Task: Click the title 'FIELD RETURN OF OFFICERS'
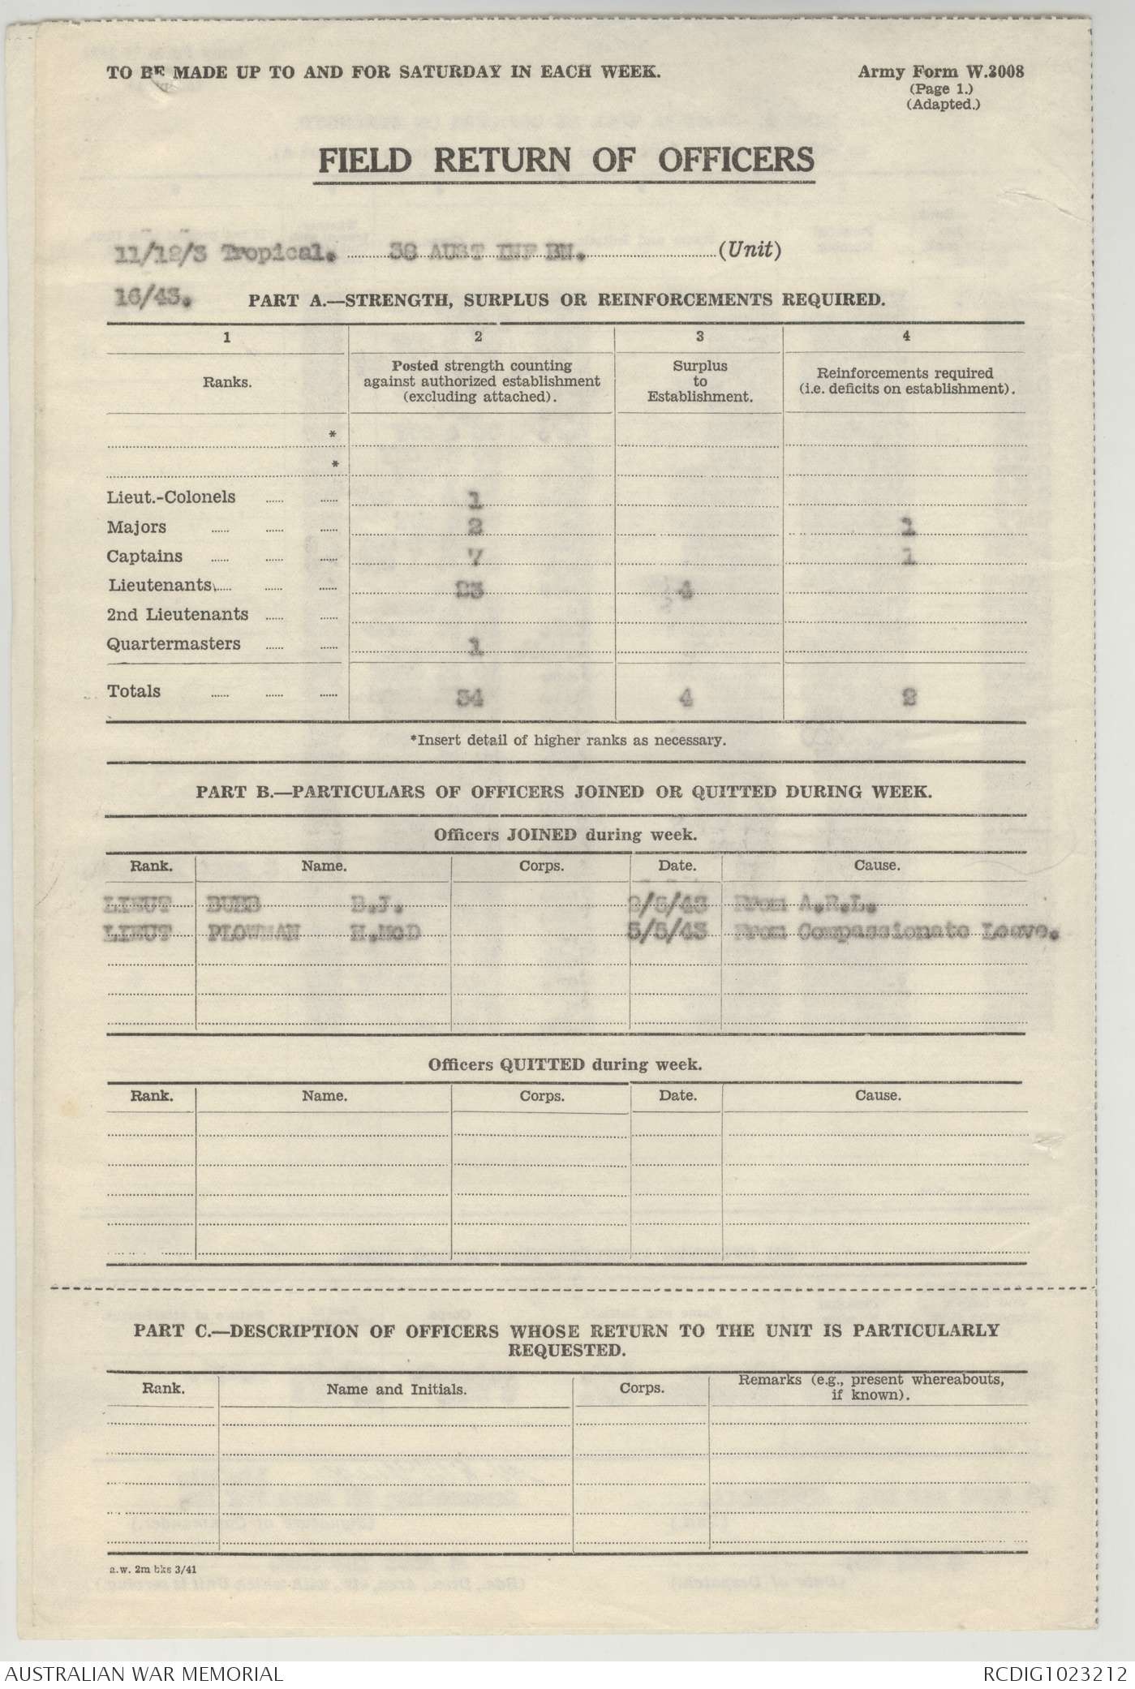pyautogui.click(x=565, y=160)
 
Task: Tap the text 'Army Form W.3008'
pyautogui.click(x=940, y=71)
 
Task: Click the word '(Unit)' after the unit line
pyautogui.click(x=750, y=251)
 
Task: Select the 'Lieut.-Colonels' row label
pyautogui.click(x=171, y=497)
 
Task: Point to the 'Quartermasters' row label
pyautogui.click(x=174, y=644)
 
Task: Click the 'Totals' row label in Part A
pyautogui.click(x=134, y=691)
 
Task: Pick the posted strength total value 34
pyautogui.click(x=470, y=696)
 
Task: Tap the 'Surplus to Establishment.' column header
pyautogui.click(x=700, y=381)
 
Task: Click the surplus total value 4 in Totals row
pyautogui.click(x=686, y=697)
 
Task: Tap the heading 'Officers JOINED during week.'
pyautogui.click(x=565, y=834)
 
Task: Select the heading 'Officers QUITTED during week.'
pyautogui.click(x=565, y=1064)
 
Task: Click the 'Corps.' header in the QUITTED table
pyautogui.click(x=541, y=1096)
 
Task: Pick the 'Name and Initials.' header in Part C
pyautogui.click(x=396, y=1389)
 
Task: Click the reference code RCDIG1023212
pyautogui.click(x=1055, y=1673)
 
